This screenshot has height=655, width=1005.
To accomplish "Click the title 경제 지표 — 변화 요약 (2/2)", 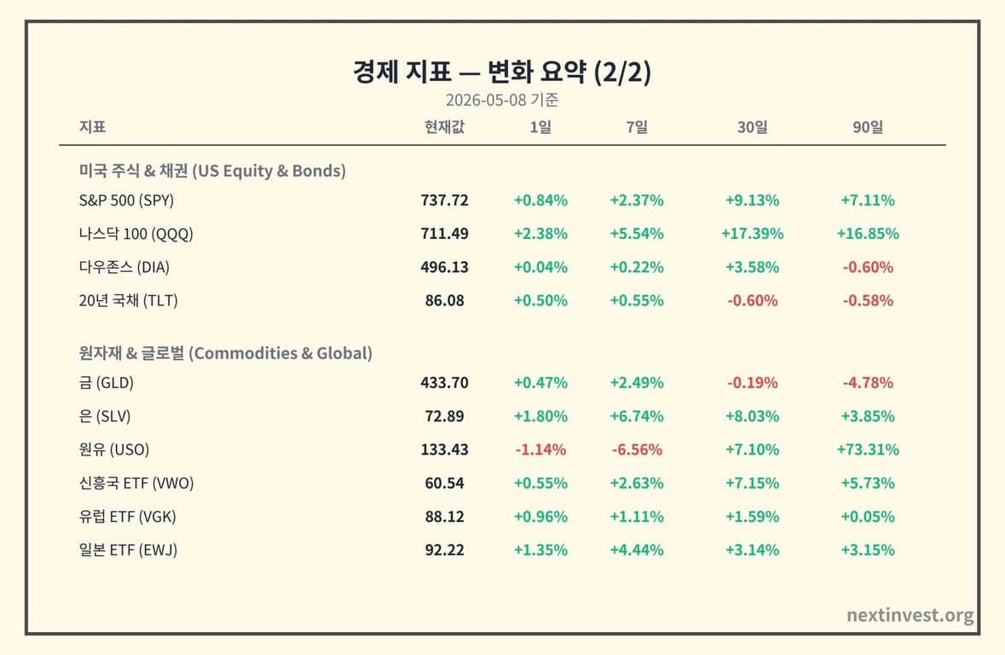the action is [502, 71].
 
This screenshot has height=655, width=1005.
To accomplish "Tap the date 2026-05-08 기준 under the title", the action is [502, 100].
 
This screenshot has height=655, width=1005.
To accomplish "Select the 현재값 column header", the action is [444, 127].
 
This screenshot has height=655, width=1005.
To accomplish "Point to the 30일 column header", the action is [752, 127].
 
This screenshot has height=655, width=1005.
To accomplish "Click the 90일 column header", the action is [867, 127].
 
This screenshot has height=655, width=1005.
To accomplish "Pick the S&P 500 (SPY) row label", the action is [126, 200].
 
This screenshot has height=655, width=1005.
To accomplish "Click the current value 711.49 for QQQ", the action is [444, 234].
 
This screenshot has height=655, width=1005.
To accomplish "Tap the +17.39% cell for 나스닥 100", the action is [752, 234].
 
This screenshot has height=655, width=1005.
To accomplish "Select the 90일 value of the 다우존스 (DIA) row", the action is [867, 267].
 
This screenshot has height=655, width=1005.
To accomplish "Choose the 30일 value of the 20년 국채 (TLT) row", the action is [752, 300].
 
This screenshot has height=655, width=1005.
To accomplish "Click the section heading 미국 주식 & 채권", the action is [212, 171].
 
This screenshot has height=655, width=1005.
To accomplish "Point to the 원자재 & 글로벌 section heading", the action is [226, 353].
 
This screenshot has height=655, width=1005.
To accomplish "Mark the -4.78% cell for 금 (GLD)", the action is [867, 383].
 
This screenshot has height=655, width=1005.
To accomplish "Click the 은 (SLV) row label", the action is [105, 416].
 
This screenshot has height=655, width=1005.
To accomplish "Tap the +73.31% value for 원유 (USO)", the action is [867, 449].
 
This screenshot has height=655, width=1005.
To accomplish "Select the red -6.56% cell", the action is [637, 449].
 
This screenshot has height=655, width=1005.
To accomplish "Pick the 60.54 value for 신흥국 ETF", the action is [444, 483].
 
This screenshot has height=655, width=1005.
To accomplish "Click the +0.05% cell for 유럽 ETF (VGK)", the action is [867, 517].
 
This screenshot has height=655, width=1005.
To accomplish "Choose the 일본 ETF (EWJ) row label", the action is [128, 550].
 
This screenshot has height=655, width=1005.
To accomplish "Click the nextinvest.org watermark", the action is [910, 615].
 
